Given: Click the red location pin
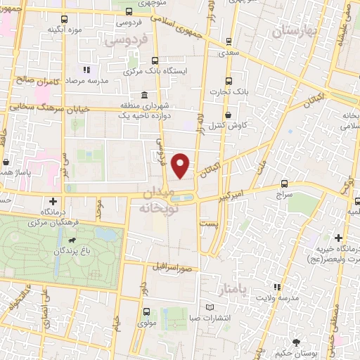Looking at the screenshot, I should (181, 165).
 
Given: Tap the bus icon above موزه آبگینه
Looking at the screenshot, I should (65, 20).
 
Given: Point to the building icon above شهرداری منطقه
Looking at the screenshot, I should (144, 96).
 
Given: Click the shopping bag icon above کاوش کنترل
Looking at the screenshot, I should (228, 115).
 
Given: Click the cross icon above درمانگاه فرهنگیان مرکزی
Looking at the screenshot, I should (53, 202).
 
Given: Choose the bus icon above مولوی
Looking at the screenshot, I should (146, 311).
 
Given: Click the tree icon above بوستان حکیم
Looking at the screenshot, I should (300, 341).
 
